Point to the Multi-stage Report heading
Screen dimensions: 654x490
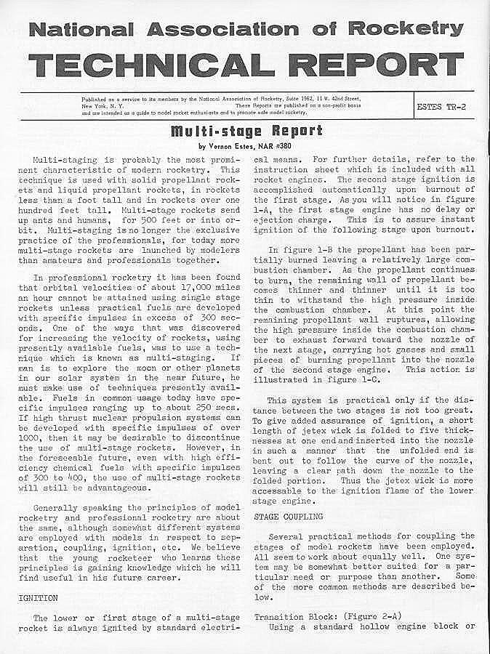click(x=246, y=132)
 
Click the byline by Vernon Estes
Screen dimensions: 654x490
click(x=246, y=145)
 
